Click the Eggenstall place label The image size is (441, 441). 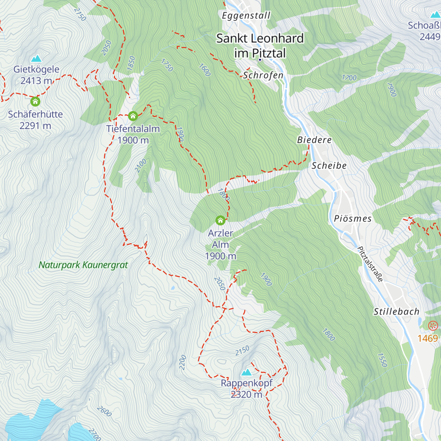(246, 16)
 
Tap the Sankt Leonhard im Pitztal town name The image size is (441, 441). (260, 46)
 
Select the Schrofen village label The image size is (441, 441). (263, 75)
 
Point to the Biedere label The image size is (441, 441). (314, 140)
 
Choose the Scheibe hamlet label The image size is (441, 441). (329, 166)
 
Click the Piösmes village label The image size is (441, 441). (352, 219)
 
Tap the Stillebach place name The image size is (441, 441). (396, 312)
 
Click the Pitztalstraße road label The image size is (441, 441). (370, 264)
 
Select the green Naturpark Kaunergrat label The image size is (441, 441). (83, 265)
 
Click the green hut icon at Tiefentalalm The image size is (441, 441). (133, 116)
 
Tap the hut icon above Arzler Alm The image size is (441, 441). (220, 220)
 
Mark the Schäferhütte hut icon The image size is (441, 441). (35, 101)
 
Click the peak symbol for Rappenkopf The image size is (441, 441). (246, 372)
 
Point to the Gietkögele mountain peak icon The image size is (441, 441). (36, 58)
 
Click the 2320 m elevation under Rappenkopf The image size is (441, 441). (246, 395)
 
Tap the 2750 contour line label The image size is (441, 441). (80, 14)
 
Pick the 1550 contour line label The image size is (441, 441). (382, 360)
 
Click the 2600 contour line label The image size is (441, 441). (104, 411)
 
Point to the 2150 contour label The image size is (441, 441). (242, 351)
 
